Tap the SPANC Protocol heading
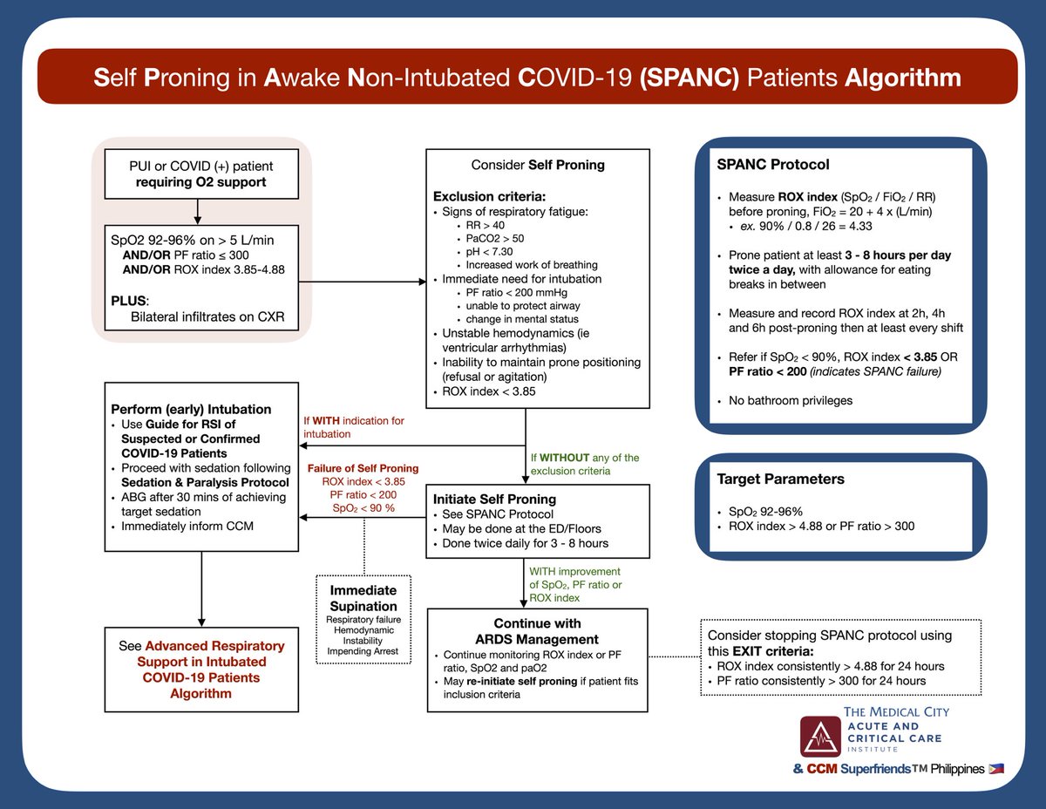pos(771,165)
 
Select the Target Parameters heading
pos(781,479)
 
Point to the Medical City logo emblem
pos(820,736)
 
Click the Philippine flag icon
pos(996,769)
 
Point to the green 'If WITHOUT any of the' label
pos(584,457)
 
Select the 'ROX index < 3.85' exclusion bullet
pos(489,391)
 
